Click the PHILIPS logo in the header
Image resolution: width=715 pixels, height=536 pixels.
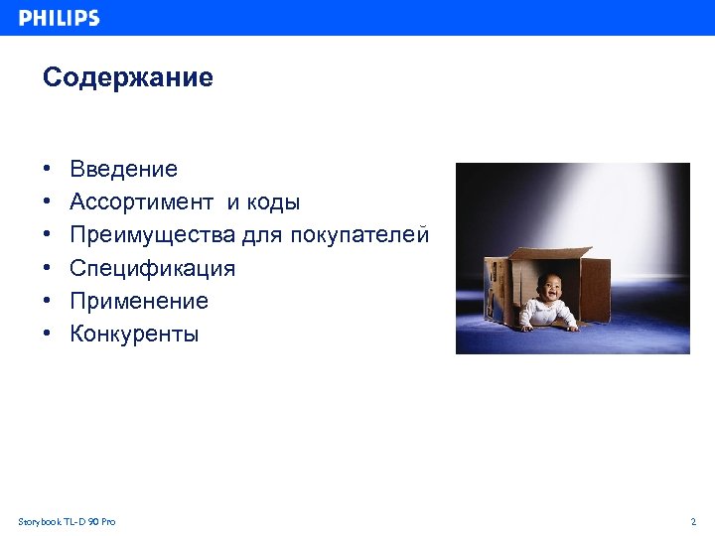(x=60, y=18)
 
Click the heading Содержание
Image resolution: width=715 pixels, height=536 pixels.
(x=127, y=77)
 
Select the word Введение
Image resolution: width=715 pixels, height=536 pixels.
(x=123, y=170)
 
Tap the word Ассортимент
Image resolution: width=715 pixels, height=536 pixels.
(x=141, y=202)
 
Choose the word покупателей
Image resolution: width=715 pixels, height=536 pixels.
(x=359, y=235)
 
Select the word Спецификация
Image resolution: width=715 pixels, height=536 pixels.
(x=152, y=268)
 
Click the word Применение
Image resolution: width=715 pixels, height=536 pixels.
(x=139, y=301)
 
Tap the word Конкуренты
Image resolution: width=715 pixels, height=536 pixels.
(x=134, y=334)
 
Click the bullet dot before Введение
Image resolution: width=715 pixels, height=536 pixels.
(x=47, y=170)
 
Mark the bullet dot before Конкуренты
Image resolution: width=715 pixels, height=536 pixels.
(x=47, y=334)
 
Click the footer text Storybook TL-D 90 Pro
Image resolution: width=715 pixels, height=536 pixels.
(x=67, y=521)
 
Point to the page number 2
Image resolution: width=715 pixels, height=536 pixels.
(x=693, y=521)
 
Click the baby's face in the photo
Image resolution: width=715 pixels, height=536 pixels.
(x=548, y=289)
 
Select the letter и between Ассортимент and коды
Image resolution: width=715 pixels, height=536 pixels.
(x=232, y=202)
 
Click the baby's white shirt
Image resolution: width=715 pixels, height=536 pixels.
(x=548, y=312)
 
